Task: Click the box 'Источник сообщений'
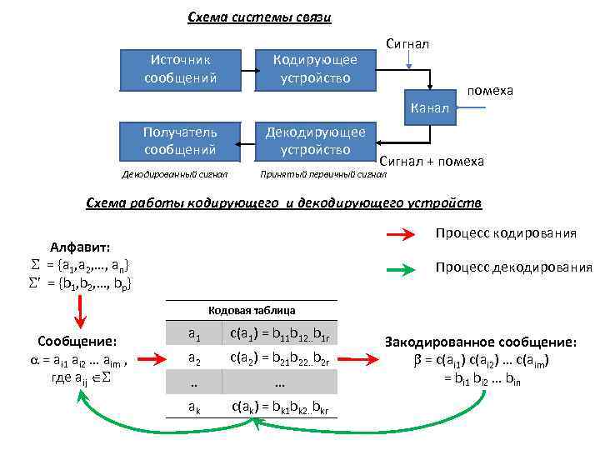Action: (180, 69)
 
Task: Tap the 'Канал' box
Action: (430, 107)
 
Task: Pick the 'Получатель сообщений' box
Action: (180, 140)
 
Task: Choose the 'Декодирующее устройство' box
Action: (315, 140)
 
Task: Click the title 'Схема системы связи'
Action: (259, 17)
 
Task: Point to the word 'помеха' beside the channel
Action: (490, 90)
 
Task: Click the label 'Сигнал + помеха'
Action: (432, 161)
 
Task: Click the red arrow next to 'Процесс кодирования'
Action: (407, 237)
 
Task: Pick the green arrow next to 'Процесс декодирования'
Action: (407, 269)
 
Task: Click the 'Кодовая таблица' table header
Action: (251, 310)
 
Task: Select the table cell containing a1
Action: (193, 336)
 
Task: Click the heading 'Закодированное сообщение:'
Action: (480, 342)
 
